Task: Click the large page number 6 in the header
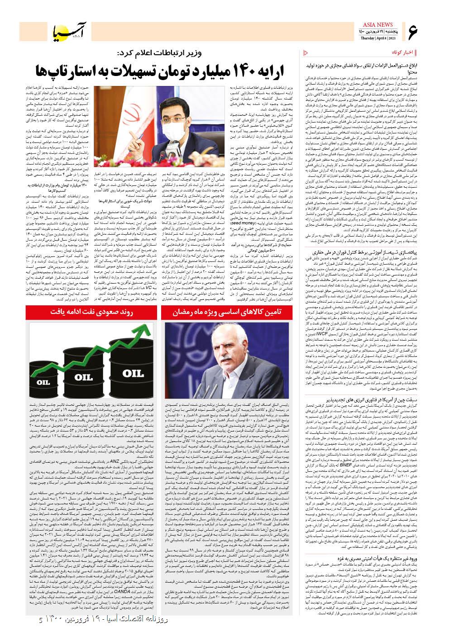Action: tap(413, 31)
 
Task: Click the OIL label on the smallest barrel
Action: tap(43, 382)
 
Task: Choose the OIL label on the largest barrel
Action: tap(133, 373)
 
